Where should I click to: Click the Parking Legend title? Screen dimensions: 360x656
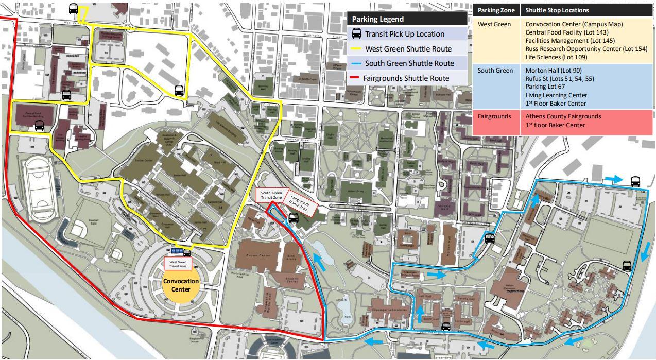[x=377, y=19]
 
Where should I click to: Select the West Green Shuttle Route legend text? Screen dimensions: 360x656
[x=408, y=49]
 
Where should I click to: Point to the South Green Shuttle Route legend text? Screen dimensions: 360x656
[x=409, y=63]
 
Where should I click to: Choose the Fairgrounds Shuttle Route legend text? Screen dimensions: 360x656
[x=406, y=78]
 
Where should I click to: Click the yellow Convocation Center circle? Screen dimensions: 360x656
[x=180, y=285]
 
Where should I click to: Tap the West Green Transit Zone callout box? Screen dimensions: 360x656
[x=178, y=264]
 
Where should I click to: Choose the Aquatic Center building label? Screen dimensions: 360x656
[x=292, y=281]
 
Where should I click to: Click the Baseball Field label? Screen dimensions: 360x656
[x=93, y=222]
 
